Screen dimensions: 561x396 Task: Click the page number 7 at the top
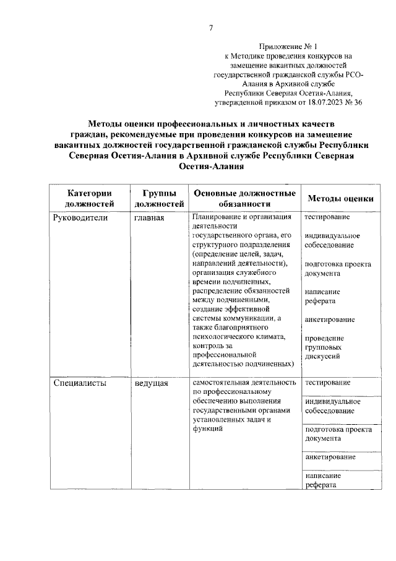tap(210, 27)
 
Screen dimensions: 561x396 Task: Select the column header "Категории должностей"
tap(90, 198)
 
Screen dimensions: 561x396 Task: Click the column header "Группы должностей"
tap(159, 198)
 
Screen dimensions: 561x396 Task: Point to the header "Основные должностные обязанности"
tap(244, 198)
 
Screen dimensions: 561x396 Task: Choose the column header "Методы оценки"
tap(340, 199)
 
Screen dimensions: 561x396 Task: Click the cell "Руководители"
tap(80, 219)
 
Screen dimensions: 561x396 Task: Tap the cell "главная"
tap(149, 219)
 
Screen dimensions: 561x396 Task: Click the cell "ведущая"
tap(152, 383)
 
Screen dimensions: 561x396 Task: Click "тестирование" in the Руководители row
tap(327, 217)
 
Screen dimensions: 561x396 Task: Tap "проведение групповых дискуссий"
tap(325, 347)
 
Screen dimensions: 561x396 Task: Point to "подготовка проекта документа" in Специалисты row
tap(337, 433)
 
